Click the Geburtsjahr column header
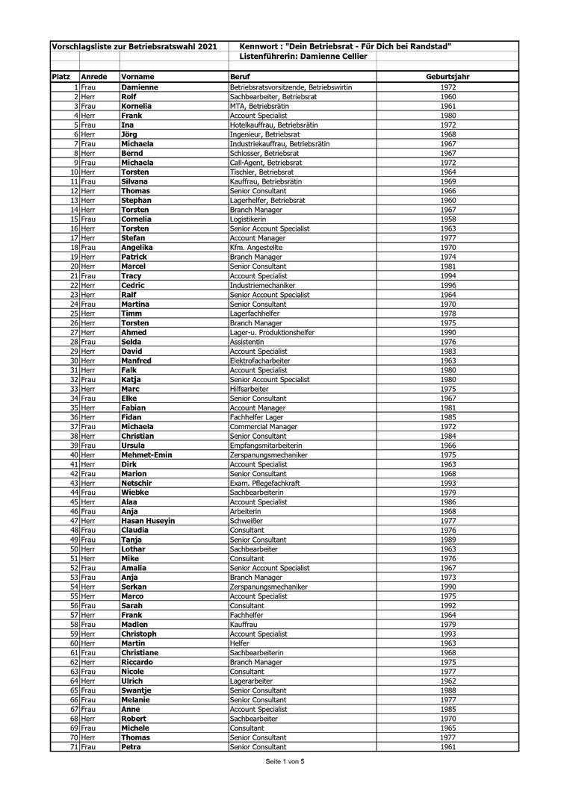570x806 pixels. (x=447, y=77)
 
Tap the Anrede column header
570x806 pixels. (x=93, y=77)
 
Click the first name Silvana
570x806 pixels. (x=134, y=181)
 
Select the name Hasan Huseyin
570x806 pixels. (x=148, y=521)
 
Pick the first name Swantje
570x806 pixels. (x=137, y=690)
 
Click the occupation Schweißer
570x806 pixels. (x=246, y=521)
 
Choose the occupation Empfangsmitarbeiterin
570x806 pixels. (x=266, y=446)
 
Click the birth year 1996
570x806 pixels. (x=448, y=285)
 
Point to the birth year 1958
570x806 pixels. (x=448, y=219)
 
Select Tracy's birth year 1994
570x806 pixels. (x=448, y=276)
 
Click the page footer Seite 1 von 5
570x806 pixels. (x=285, y=762)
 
